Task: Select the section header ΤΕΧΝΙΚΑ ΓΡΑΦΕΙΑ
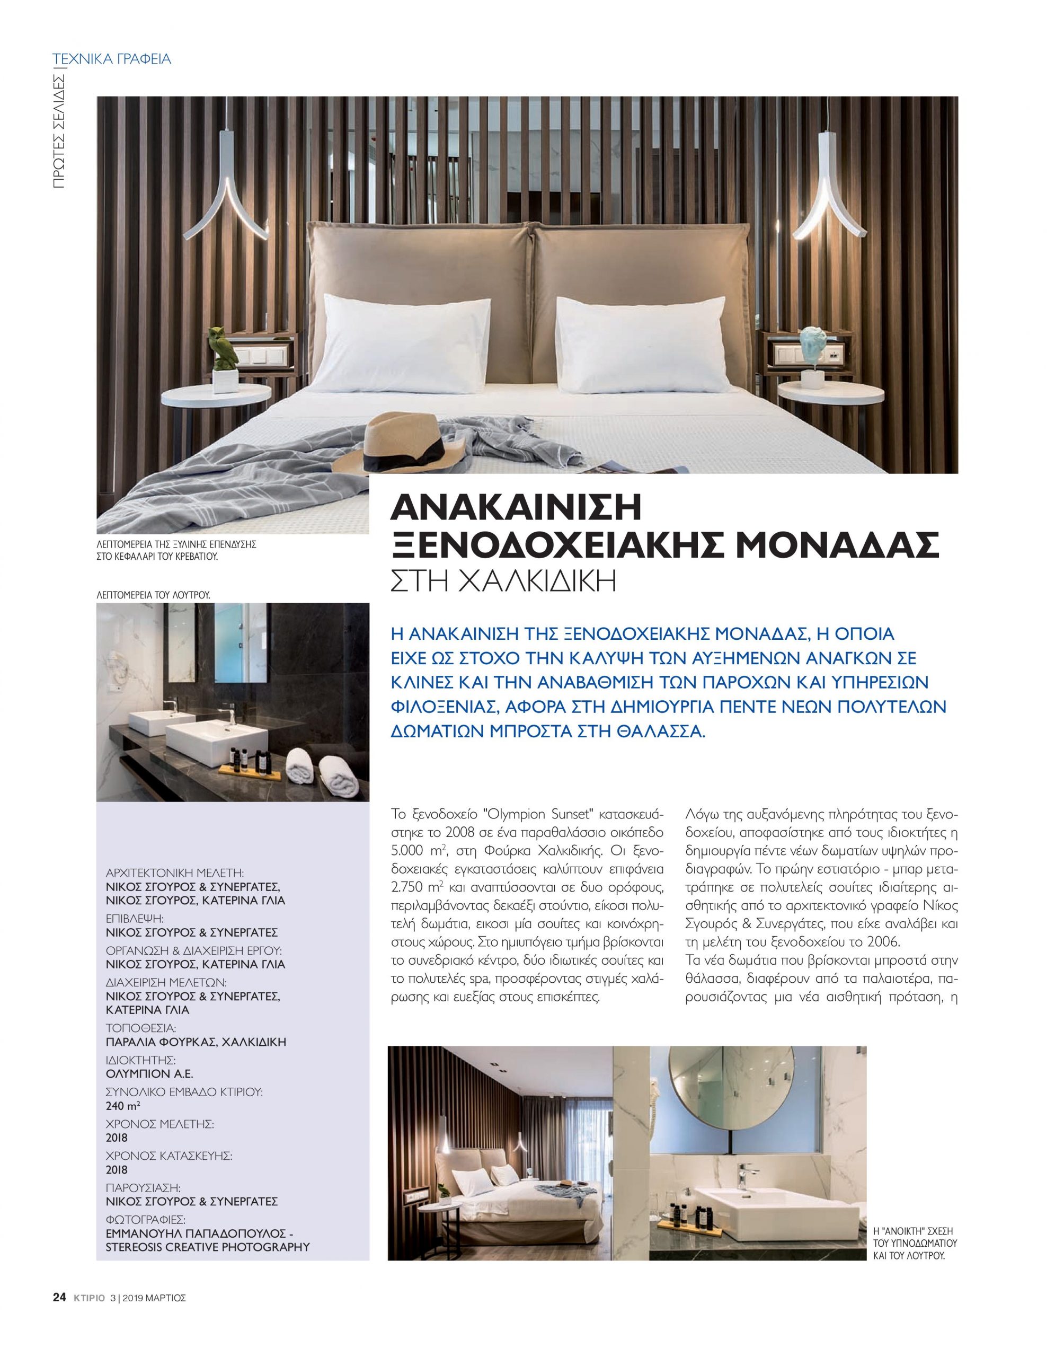(x=112, y=60)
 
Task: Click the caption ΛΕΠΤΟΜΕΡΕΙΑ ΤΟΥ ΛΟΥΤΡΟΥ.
(x=153, y=595)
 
